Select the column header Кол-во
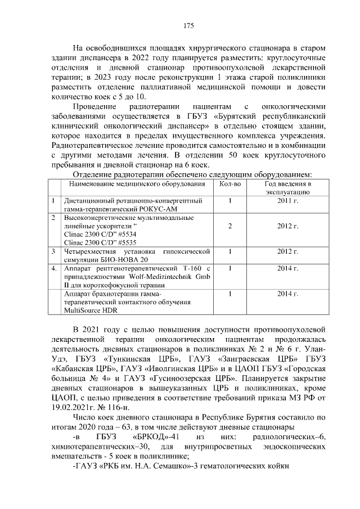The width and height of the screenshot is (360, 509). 229,183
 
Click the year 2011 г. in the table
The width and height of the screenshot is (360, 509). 287,200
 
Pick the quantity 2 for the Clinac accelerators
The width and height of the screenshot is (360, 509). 230,226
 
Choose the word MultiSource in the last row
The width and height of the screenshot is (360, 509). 83,310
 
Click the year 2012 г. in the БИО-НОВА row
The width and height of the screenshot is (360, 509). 287,251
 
